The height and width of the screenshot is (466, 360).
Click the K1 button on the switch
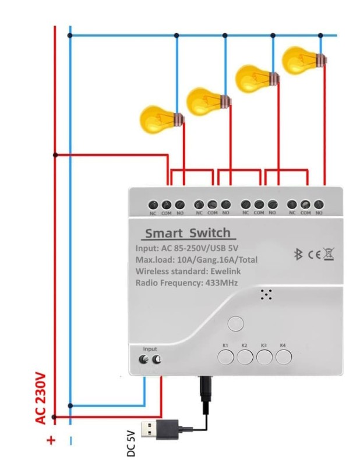226,357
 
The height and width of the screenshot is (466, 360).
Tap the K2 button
245,357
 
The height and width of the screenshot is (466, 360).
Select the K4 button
284,357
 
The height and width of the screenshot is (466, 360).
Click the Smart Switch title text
188,234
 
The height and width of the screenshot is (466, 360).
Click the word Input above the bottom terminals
150,349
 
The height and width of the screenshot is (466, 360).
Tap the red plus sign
51,441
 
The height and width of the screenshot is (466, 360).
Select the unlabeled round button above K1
236,323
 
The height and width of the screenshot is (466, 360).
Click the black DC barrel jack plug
206,390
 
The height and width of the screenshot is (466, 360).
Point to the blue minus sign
70,441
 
